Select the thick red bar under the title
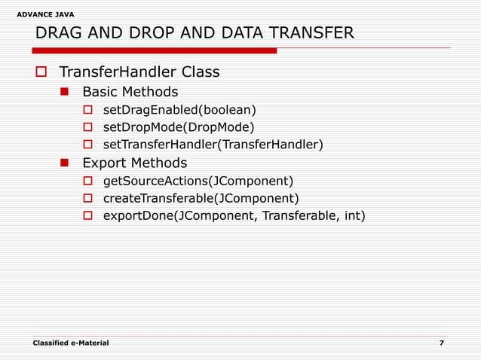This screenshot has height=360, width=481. click(x=154, y=50)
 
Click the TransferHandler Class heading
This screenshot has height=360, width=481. click(x=139, y=72)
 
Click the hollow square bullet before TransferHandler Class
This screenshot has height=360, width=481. click(x=41, y=73)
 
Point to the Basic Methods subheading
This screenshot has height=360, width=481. click(x=130, y=92)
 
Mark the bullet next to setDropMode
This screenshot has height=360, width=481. click(x=87, y=127)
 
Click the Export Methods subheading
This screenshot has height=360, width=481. click(x=134, y=163)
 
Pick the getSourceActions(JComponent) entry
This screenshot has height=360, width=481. click(x=198, y=181)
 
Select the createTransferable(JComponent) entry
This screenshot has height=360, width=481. click(x=201, y=198)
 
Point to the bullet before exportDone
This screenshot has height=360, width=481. click(x=87, y=217)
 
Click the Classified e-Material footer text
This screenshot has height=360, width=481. click(x=71, y=343)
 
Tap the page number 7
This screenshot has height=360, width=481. click(x=441, y=343)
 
